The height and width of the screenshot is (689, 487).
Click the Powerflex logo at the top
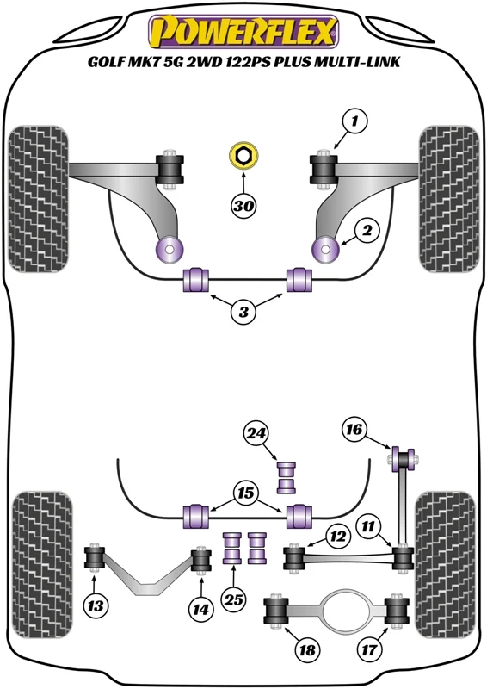[243, 32]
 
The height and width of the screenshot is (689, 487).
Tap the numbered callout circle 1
[354, 121]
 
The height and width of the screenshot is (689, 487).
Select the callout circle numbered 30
[243, 205]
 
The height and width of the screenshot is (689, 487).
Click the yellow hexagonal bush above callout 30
[243, 155]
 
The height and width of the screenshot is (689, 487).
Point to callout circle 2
[367, 230]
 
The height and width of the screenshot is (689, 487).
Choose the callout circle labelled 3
[243, 312]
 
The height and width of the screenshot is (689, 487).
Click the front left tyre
[39, 199]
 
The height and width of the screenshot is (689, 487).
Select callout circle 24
[256, 434]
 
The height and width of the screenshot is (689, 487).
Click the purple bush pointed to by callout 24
[286, 477]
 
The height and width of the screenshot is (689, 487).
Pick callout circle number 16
[354, 428]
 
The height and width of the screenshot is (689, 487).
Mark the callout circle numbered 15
[246, 493]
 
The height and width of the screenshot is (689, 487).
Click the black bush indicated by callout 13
[94, 557]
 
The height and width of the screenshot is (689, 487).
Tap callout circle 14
[201, 610]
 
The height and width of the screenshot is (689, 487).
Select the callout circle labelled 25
[234, 599]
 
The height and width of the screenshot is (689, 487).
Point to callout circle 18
[307, 649]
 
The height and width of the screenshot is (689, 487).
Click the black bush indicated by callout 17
[397, 610]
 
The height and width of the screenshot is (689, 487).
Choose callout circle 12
[338, 536]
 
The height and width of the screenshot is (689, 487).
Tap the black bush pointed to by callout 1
[324, 169]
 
